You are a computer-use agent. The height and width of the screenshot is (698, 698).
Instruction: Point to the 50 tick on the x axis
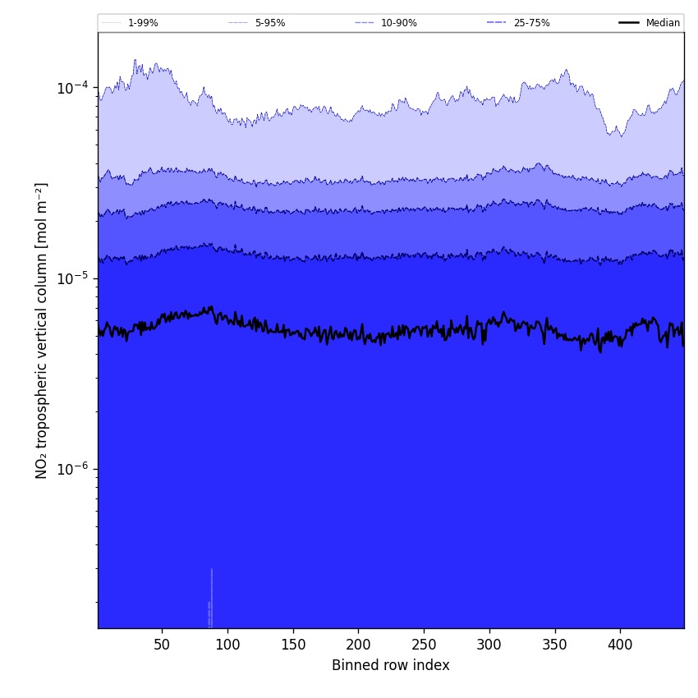(162, 645)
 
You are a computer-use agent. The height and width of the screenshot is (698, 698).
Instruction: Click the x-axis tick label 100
(227, 645)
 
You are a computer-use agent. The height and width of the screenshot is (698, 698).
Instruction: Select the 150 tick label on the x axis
(293, 645)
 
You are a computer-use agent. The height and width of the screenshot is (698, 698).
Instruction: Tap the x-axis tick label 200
(358, 645)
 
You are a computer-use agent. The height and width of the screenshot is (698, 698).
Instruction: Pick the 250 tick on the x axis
(424, 645)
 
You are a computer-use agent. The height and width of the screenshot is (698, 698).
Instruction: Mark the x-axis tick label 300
(489, 645)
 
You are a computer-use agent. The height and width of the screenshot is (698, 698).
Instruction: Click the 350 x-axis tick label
(555, 645)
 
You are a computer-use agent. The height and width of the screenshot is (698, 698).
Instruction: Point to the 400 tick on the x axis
(620, 645)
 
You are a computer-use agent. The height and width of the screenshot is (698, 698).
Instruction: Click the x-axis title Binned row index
(391, 665)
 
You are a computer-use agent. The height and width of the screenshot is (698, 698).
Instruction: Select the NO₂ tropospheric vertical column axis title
(42, 330)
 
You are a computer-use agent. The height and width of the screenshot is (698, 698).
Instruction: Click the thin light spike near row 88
(211, 595)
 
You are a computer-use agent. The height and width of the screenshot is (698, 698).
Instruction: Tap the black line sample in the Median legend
(630, 23)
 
